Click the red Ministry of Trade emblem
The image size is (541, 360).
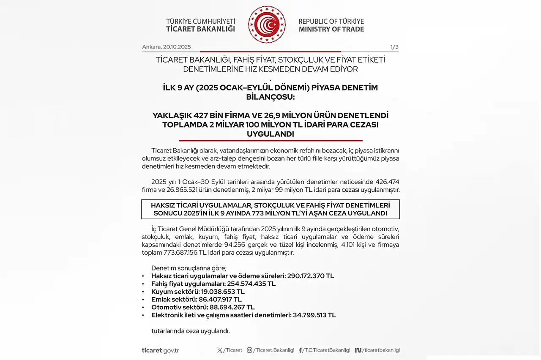(267, 25)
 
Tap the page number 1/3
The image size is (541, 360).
(394, 47)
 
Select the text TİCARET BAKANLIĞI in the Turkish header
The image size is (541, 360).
(200, 29)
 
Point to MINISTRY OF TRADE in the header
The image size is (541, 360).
(331, 29)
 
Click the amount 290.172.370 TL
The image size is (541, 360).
(311, 276)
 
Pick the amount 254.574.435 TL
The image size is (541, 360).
(251, 284)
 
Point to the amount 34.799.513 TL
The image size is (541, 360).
(314, 315)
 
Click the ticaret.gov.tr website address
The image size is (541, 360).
(160, 350)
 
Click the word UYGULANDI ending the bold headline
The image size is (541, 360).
(270, 134)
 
